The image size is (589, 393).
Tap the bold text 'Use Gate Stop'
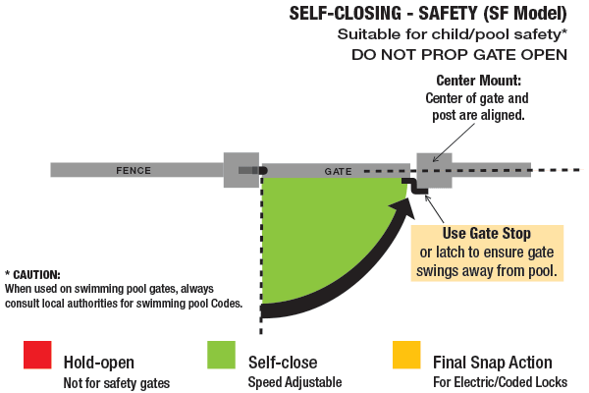(x=487, y=234)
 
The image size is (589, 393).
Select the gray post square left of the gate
(x=241, y=170)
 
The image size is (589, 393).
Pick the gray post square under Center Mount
(x=434, y=169)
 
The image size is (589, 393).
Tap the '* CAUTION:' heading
(x=32, y=274)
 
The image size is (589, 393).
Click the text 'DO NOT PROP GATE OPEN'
(x=458, y=54)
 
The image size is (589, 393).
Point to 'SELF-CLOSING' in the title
(x=344, y=14)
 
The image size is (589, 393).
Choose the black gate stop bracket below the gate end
(x=422, y=189)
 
